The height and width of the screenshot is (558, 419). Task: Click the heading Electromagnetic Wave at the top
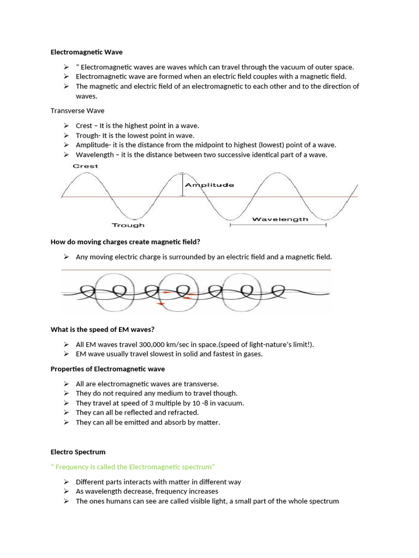click(x=87, y=52)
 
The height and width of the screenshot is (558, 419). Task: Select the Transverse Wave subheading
click(x=77, y=111)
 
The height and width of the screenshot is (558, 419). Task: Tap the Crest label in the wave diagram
click(x=86, y=166)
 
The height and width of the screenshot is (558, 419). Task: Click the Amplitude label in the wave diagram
click(x=209, y=185)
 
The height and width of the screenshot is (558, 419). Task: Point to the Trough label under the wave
click(x=128, y=225)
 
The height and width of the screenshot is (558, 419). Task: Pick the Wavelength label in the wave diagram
click(x=280, y=219)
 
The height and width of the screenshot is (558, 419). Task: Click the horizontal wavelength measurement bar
click(x=278, y=225)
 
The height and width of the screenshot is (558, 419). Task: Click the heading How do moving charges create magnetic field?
click(x=129, y=241)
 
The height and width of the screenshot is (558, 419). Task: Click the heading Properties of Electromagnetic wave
click(x=107, y=369)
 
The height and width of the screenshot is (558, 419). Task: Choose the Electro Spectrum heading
click(x=78, y=452)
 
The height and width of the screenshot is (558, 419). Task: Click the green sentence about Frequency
click(x=133, y=467)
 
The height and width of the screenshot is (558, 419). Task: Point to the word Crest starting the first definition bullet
click(x=84, y=126)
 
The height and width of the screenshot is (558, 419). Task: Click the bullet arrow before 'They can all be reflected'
click(x=65, y=413)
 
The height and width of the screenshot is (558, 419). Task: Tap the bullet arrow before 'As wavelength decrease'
click(x=65, y=492)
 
